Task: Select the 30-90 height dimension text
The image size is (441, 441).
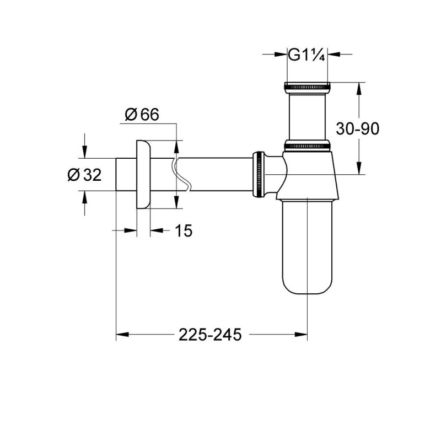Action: tap(358, 128)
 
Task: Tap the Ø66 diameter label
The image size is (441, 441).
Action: tap(142, 115)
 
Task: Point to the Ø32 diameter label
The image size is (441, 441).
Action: tap(84, 175)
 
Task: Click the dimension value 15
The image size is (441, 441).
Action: tap(184, 231)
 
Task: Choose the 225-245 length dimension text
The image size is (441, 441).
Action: tap(210, 334)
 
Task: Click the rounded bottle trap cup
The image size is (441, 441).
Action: tap(307, 248)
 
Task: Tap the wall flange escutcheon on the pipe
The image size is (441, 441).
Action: tap(142, 175)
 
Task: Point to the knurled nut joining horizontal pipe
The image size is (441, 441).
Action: tap(258, 175)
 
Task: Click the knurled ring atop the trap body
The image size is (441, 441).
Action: tap(307, 146)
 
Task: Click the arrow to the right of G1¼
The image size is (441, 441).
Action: tap(334, 54)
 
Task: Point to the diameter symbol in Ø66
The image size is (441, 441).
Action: tap(131, 115)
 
